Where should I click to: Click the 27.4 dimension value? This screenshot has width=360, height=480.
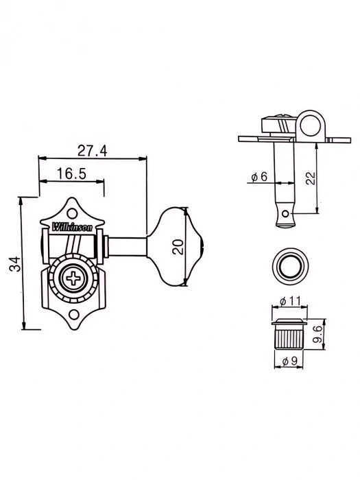[x=92, y=150]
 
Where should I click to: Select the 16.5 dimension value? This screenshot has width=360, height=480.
[x=71, y=174]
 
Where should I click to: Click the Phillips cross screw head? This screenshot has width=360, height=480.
[x=72, y=279]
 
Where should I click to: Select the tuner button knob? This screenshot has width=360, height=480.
[x=179, y=245]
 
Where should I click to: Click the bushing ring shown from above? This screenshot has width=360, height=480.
[x=287, y=265]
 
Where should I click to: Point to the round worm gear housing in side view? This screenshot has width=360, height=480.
[x=305, y=125]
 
